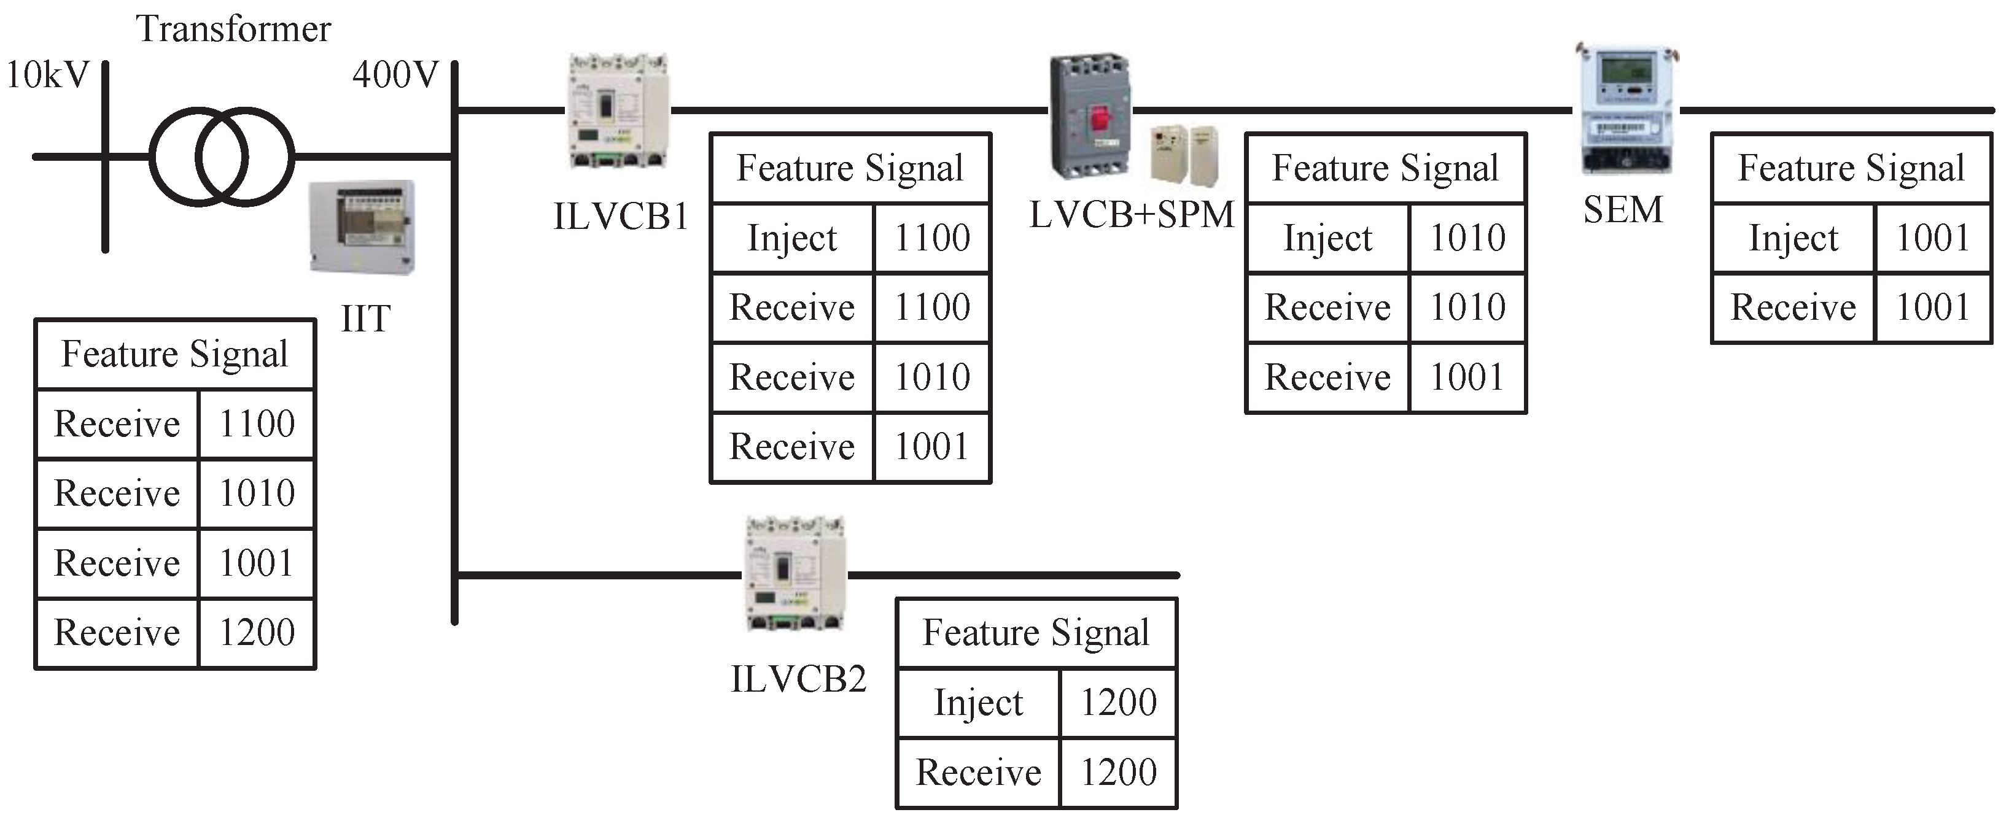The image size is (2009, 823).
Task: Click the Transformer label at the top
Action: coord(233,29)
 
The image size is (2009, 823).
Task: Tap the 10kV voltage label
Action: coord(47,75)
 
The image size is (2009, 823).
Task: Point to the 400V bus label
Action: coord(395,75)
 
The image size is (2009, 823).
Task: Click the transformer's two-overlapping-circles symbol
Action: coord(222,156)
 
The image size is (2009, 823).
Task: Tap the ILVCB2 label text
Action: coord(798,679)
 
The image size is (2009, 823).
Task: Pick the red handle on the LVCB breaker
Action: coord(1100,119)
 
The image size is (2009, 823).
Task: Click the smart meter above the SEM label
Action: coord(1625,109)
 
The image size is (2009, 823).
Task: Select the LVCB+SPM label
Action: coord(1132,214)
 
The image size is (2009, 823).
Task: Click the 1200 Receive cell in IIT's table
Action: coord(257,633)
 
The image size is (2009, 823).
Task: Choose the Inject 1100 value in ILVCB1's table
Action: coord(932,238)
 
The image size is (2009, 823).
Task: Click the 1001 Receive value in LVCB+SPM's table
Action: coord(1467,377)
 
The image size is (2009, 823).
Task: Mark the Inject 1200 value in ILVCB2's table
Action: coord(1117,702)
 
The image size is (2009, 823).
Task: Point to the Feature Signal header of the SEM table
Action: coord(1851,168)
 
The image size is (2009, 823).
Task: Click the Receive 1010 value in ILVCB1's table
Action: coord(932,377)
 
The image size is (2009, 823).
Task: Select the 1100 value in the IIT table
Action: coord(257,424)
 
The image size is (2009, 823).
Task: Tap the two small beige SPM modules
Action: coord(1184,155)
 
